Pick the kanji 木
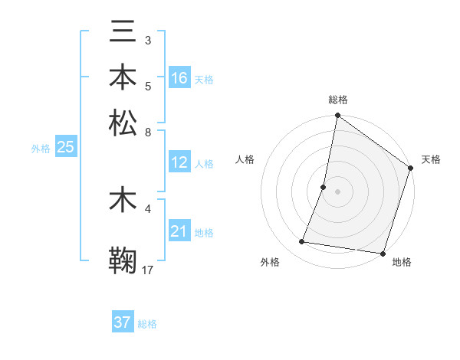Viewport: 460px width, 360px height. [x=123, y=201]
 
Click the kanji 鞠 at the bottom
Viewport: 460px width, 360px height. [x=123, y=260]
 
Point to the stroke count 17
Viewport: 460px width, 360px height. [x=148, y=270]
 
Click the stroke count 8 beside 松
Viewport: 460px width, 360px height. [x=148, y=132]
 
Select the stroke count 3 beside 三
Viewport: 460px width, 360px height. [x=148, y=40]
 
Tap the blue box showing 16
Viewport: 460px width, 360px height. [x=179, y=77]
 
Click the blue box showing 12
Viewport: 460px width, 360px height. [x=179, y=162]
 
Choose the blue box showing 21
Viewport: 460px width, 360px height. [x=179, y=231]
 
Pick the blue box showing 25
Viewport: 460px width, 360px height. [x=65, y=147]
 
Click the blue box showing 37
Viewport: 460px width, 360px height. [x=123, y=322]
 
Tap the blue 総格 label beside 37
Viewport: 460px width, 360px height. [x=147, y=324]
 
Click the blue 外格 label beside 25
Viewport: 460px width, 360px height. [x=41, y=149]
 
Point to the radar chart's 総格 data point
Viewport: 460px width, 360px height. [x=337, y=116]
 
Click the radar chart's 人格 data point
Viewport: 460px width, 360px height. [x=324, y=186]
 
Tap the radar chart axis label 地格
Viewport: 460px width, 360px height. [x=402, y=263]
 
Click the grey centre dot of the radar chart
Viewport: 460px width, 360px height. [x=337, y=191]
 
